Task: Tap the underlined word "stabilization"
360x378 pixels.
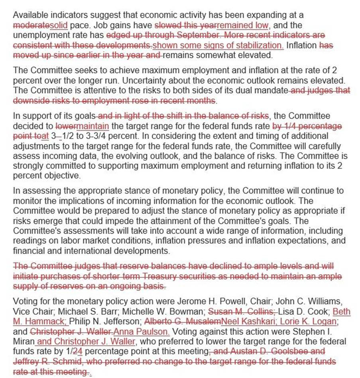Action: [261, 45]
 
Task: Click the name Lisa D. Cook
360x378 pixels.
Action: [303, 311]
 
